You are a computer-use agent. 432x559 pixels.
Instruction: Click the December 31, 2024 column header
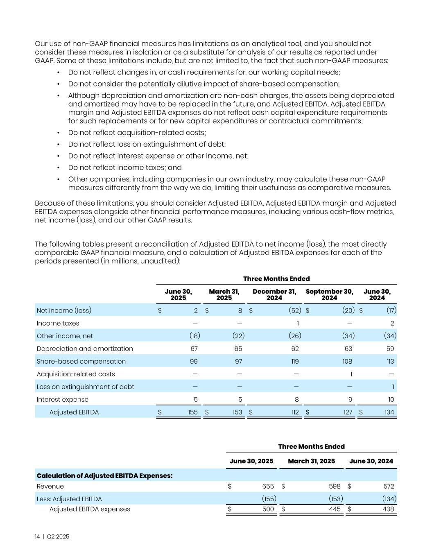[274, 294]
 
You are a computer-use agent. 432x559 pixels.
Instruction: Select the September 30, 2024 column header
[329, 294]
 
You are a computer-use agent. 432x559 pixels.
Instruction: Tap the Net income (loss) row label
[64, 310]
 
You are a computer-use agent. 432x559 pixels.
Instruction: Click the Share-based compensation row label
[81, 361]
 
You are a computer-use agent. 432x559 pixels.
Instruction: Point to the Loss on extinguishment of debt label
[85, 387]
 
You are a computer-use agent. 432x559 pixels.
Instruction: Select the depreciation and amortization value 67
[194, 349]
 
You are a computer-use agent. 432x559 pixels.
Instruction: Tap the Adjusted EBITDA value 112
[295, 412]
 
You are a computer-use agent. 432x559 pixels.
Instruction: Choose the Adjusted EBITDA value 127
[348, 412]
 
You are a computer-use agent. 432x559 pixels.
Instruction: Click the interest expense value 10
[391, 399]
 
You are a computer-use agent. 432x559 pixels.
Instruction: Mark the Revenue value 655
[268, 486]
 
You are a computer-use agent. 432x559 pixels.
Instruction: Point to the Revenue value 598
[335, 486]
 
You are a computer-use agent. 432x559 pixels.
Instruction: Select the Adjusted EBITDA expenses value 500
[268, 509]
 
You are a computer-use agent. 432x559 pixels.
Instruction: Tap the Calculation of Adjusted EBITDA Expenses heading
[104, 475]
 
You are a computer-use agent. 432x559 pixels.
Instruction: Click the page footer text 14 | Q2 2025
[52, 536]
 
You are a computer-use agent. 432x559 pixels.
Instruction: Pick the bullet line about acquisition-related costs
[137, 133]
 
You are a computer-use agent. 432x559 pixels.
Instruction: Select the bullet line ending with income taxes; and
[124, 167]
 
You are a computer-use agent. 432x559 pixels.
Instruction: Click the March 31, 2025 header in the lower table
[311, 461]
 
